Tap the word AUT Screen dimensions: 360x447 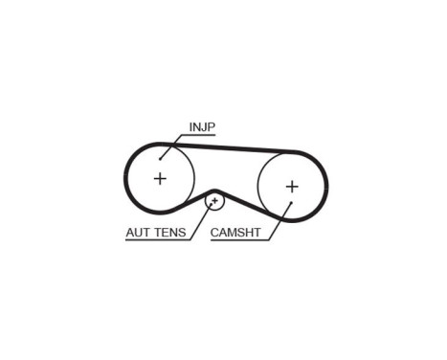[141, 233]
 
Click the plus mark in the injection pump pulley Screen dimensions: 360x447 [160, 178]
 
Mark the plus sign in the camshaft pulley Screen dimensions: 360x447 [292, 186]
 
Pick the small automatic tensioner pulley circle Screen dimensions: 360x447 [215, 200]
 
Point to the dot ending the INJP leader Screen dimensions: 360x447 [161, 157]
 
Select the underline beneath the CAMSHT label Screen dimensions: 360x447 [239, 239]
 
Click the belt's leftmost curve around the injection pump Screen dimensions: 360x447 [125, 177]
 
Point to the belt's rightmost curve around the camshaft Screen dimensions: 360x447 [325, 186]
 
